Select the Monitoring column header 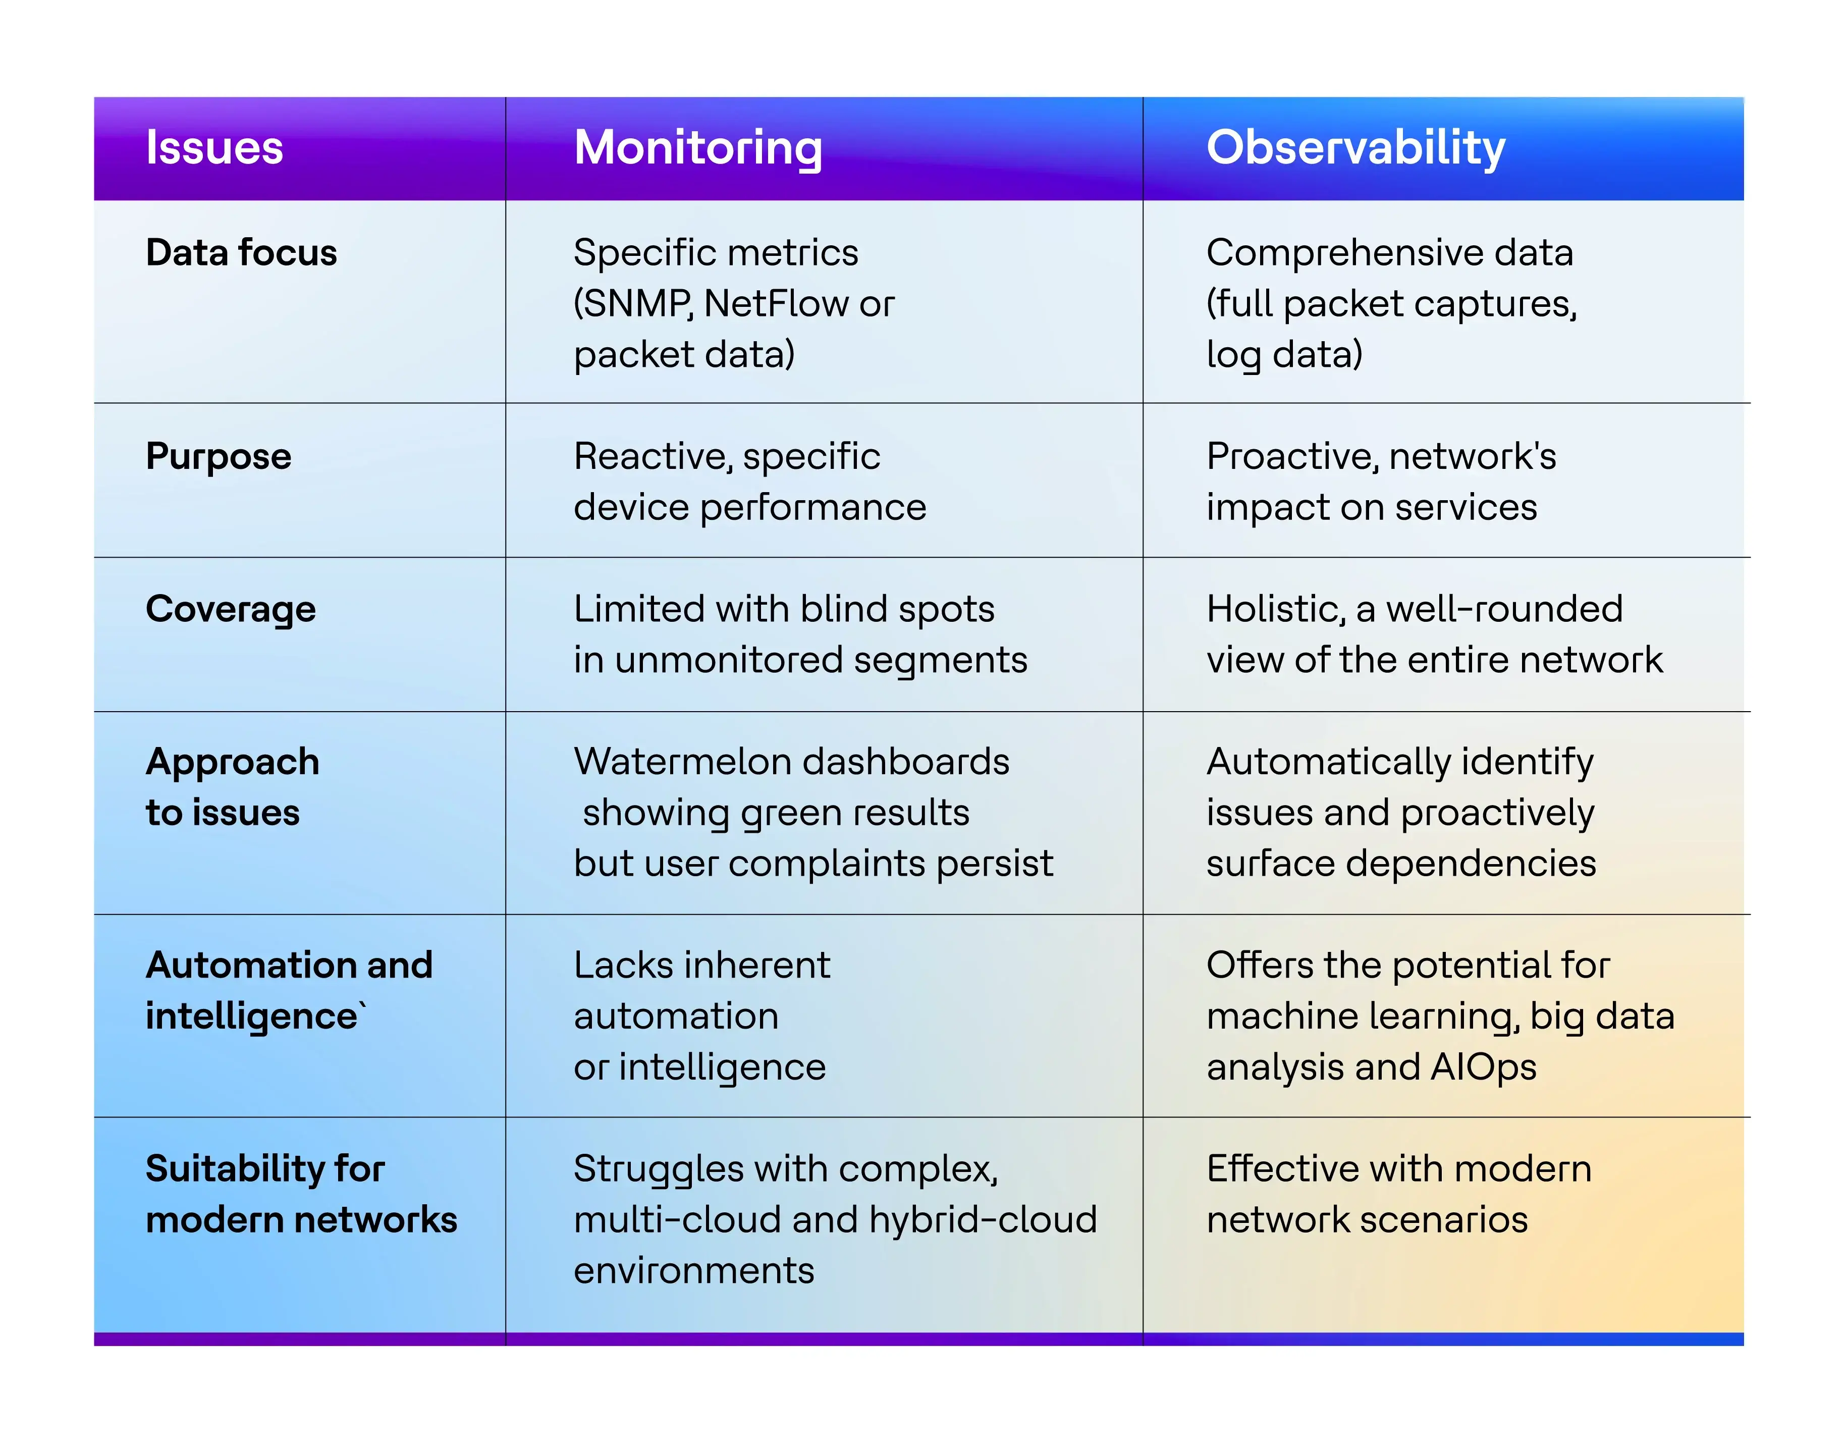click(x=698, y=149)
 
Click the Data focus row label click(x=242, y=252)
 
